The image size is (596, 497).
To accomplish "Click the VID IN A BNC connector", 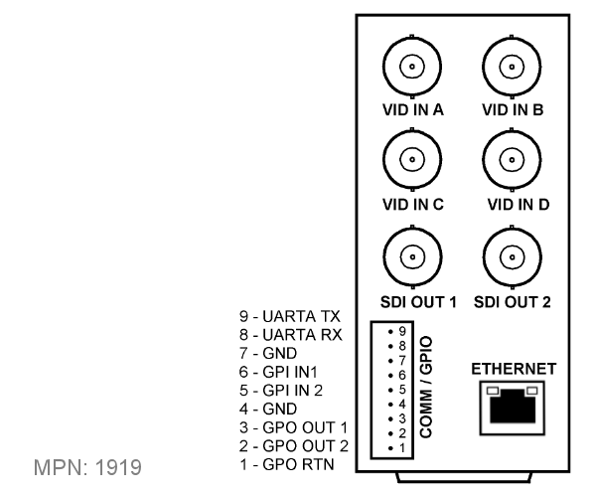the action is [x=412, y=67].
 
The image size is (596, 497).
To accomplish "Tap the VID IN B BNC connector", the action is [x=512, y=67].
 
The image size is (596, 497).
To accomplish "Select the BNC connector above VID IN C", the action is [x=412, y=159].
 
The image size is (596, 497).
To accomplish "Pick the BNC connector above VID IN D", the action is [x=512, y=159].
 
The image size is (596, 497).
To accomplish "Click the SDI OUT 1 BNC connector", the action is [x=412, y=256].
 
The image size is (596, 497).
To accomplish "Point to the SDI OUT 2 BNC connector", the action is [x=513, y=256].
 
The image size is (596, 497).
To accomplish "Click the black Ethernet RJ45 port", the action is [x=513, y=408].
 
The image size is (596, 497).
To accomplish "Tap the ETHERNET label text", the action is [x=514, y=369].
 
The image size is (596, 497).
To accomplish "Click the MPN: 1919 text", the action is [x=87, y=467].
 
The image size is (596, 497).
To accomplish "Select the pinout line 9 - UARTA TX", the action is [x=290, y=316].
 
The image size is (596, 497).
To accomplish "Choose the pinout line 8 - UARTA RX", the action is [x=291, y=335].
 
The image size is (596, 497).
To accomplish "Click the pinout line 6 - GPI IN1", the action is [x=278, y=372].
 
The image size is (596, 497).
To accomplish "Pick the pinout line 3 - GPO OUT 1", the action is [x=293, y=427].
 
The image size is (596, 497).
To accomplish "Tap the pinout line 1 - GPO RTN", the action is [x=287, y=464].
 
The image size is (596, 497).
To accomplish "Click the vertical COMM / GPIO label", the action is [x=426, y=387].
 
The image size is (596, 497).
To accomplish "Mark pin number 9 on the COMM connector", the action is [x=402, y=332].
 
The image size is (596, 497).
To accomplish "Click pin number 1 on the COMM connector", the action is [x=402, y=448].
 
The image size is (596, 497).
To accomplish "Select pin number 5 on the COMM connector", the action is [x=402, y=390].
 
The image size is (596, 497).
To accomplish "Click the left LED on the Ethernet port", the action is [x=493, y=391].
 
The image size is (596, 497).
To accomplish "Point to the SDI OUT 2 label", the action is [x=512, y=302].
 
